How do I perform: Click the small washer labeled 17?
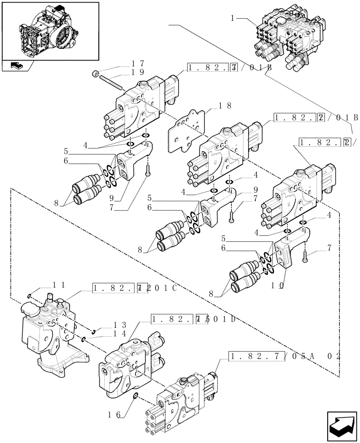point(95,73)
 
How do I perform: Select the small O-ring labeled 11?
point(29,296)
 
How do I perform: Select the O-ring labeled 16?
point(136,396)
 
